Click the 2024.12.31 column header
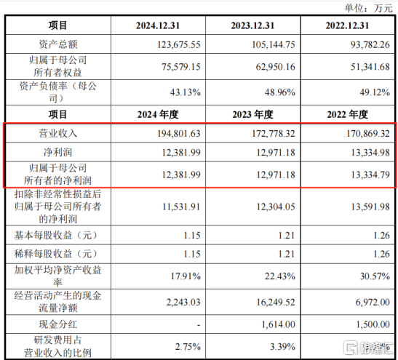(x=158, y=25)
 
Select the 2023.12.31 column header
(x=252, y=25)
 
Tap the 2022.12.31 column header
(x=347, y=25)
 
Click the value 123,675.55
(x=179, y=44)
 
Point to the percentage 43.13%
(x=186, y=92)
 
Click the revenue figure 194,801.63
(x=179, y=133)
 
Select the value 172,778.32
(x=274, y=133)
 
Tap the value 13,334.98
(x=370, y=153)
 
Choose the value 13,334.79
(x=370, y=175)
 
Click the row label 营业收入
(x=58, y=133)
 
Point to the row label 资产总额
(x=58, y=44)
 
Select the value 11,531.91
(x=181, y=207)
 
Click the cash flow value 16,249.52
(x=276, y=302)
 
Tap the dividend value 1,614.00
(x=279, y=324)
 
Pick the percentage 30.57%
(x=375, y=276)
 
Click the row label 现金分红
(x=58, y=324)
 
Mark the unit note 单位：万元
(x=368, y=8)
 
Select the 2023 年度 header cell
(x=252, y=114)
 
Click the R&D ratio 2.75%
(x=188, y=347)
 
